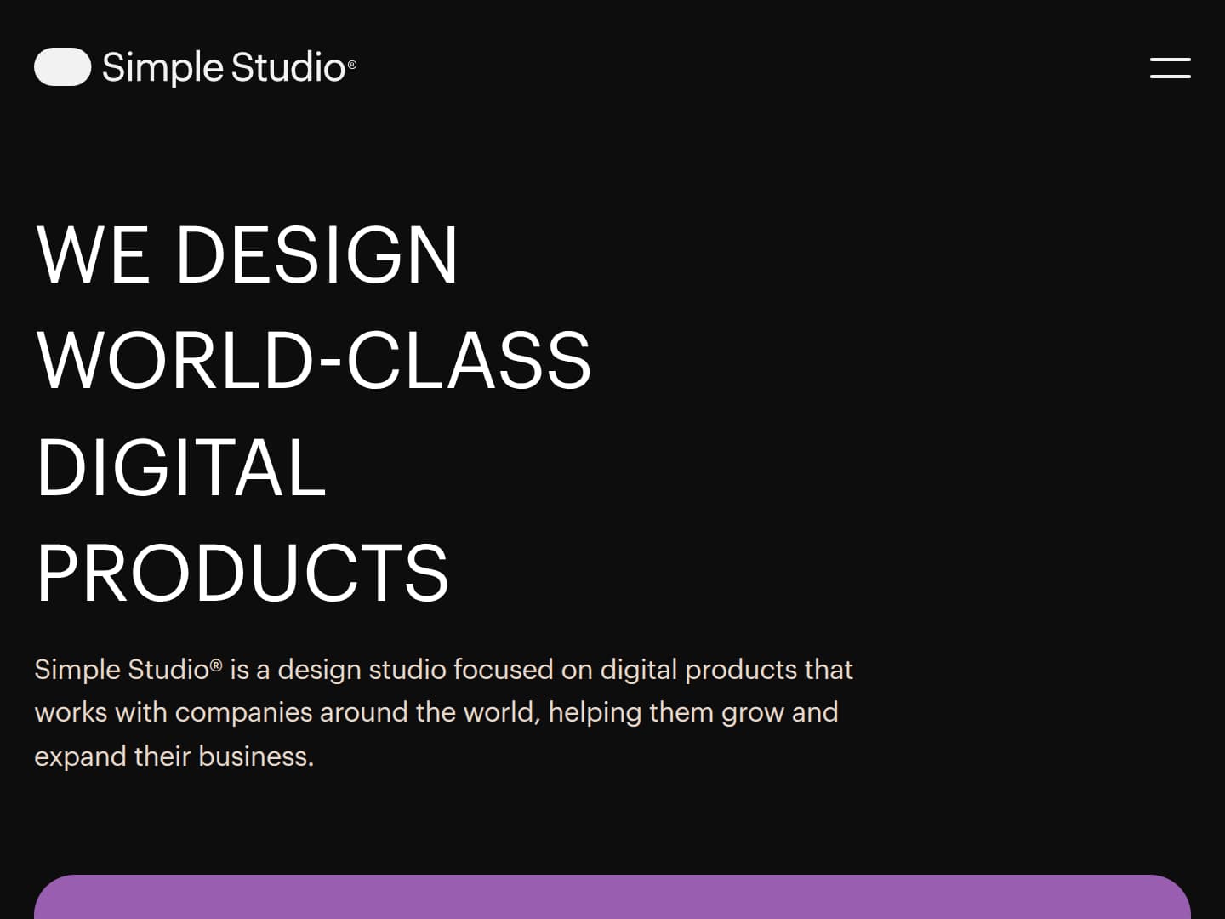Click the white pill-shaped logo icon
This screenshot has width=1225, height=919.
pyautogui.click(x=62, y=67)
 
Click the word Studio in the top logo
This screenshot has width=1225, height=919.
pyautogui.click(x=288, y=67)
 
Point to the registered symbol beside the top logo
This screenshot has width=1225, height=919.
pyautogui.click(x=352, y=65)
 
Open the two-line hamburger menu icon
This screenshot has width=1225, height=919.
pyautogui.click(x=1170, y=68)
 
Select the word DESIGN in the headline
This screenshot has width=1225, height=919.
pyautogui.click(x=316, y=254)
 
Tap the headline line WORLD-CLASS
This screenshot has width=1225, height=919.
pyautogui.click(x=313, y=361)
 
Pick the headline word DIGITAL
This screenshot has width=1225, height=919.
pyautogui.click(x=181, y=467)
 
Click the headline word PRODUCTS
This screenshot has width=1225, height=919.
pyautogui.click(x=242, y=573)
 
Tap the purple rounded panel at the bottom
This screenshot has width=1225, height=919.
pyautogui.click(x=612, y=897)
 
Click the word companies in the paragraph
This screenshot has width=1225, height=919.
pyautogui.click(x=243, y=712)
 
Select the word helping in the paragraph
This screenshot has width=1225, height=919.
pyautogui.click(x=595, y=712)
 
